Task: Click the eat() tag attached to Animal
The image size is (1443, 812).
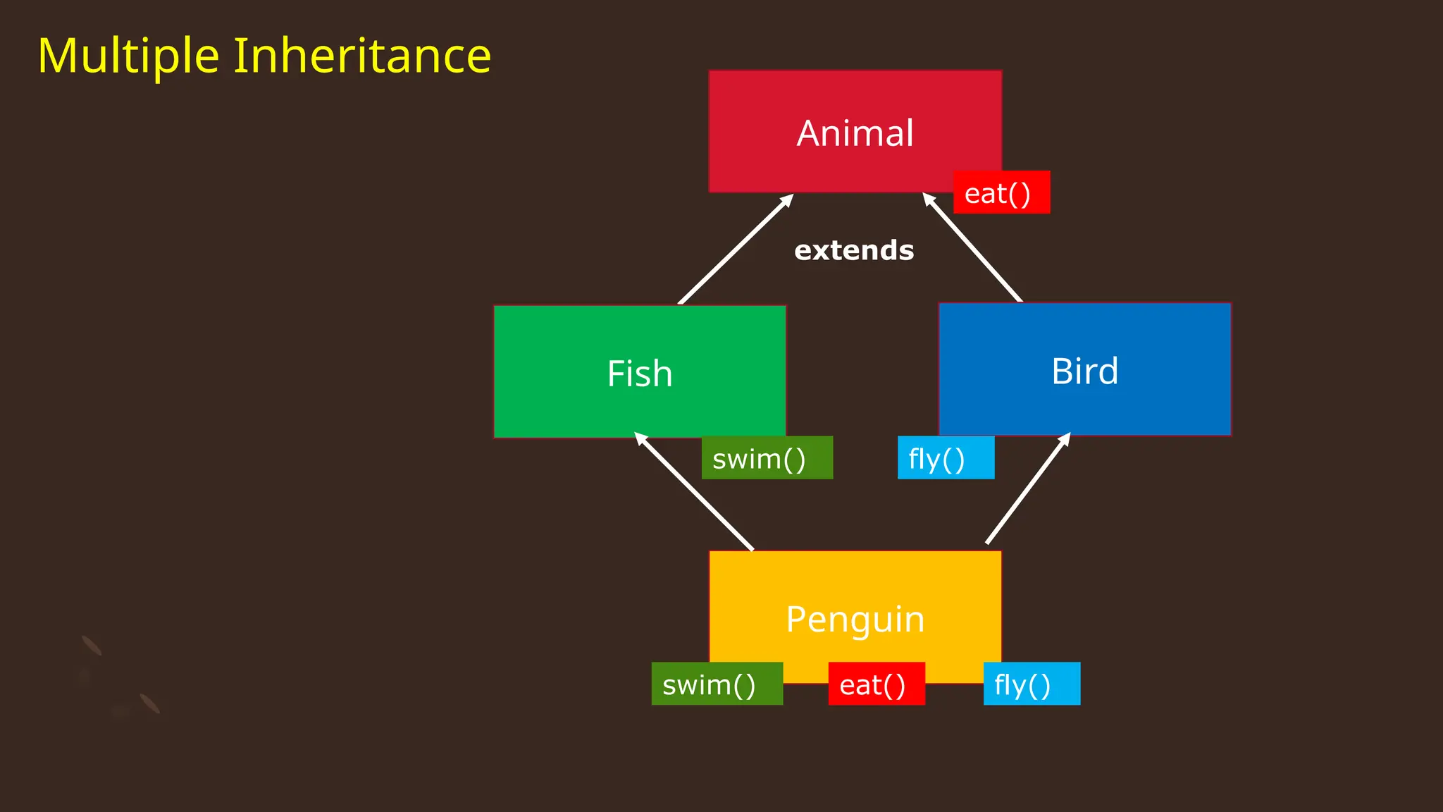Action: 1001,192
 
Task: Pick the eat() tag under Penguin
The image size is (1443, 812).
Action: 876,684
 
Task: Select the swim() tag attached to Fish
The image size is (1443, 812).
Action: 767,458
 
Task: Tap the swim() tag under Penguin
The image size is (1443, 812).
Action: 717,684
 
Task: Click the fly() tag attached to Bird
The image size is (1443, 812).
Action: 946,458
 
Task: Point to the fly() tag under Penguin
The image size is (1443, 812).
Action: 1032,684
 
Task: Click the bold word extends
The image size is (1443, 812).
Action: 854,250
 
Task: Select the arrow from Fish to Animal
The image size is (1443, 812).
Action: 735,250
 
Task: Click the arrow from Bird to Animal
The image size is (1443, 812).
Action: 973,248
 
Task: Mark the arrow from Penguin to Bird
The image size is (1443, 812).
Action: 1027,489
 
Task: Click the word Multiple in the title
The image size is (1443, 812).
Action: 128,56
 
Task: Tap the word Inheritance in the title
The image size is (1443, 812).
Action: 362,56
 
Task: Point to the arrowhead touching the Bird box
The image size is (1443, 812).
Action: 1065,440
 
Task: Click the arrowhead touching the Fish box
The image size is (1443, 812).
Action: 640,438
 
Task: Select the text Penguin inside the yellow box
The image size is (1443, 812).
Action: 855,620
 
